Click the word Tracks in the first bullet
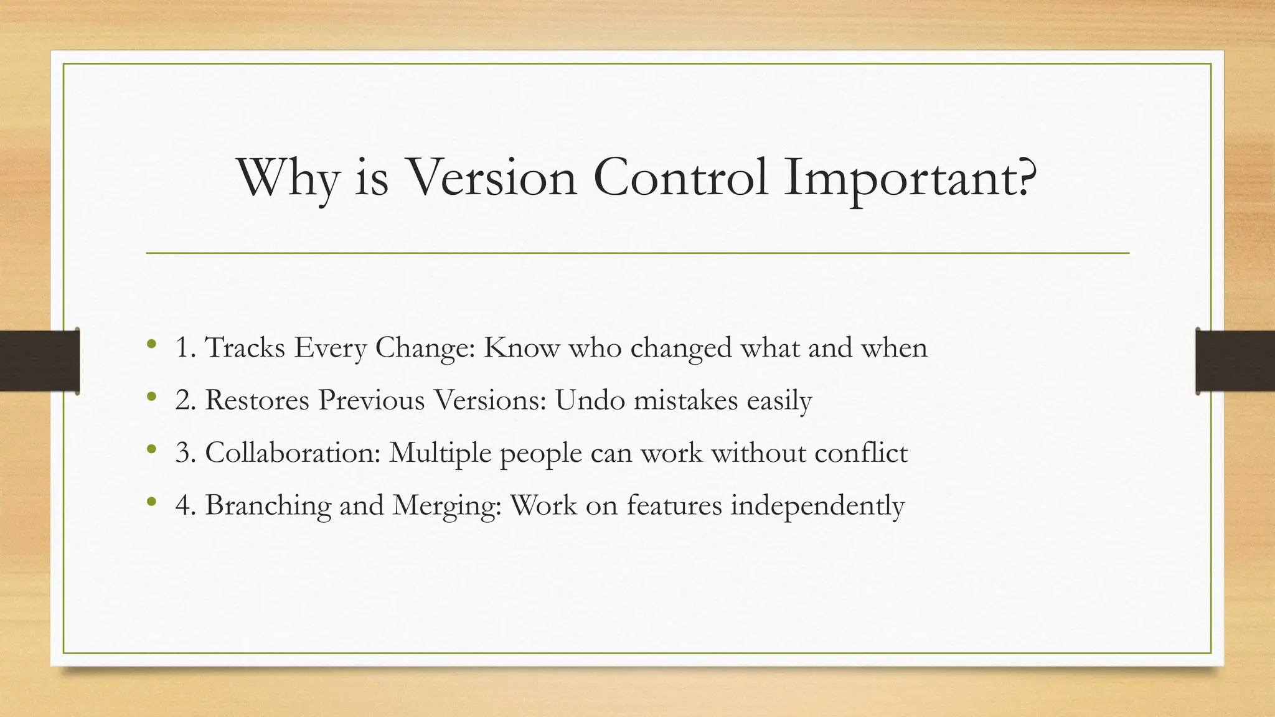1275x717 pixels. point(245,347)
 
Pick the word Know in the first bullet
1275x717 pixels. point(522,347)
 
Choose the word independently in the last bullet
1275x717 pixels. point(817,505)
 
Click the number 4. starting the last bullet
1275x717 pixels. point(186,505)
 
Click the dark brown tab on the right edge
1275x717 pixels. point(1235,361)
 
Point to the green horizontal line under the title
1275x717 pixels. point(637,253)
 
